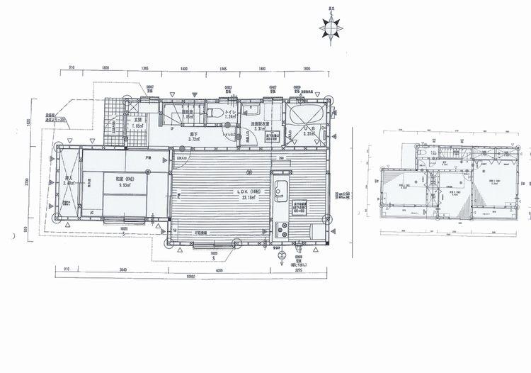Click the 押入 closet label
(x=69, y=179)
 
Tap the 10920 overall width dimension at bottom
(x=185, y=277)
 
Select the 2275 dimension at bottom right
(x=299, y=270)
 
